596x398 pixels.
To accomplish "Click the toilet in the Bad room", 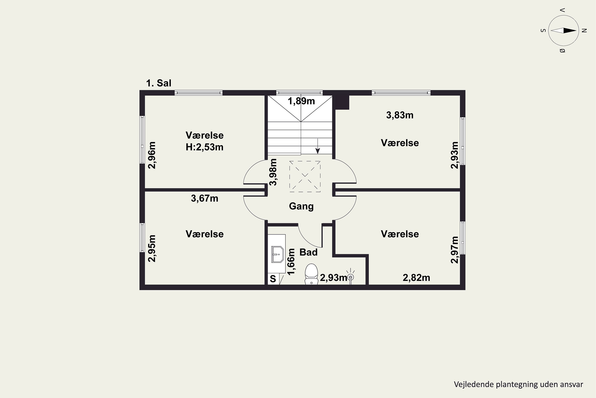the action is pyautogui.click(x=311, y=274).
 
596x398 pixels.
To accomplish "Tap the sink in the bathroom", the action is pyautogui.click(x=277, y=254).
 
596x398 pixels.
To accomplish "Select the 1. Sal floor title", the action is pyautogui.click(x=159, y=83).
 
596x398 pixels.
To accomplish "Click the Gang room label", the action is pyautogui.click(x=301, y=206).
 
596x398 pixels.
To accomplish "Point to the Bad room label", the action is pyautogui.click(x=308, y=252).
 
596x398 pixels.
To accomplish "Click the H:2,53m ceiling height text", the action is pyautogui.click(x=204, y=147).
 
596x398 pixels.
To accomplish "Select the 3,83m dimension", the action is pyautogui.click(x=400, y=115).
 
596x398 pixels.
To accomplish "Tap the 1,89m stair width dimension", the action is pyautogui.click(x=301, y=101).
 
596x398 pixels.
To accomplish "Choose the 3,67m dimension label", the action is pyautogui.click(x=204, y=198).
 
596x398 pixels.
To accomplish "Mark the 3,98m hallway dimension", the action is pyautogui.click(x=273, y=172).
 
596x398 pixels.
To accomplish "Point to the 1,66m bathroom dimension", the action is pyautogui.click(x=291, y=262).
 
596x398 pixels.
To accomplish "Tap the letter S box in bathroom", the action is pyautogui.click(x=273, y=279).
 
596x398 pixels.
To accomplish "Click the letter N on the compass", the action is pyautogui.click(x=584, y=31).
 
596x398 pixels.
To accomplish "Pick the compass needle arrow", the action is pyautogui.click(x=564, y=31).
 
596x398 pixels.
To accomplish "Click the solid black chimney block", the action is pyautogui.click(x=342, y=102).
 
